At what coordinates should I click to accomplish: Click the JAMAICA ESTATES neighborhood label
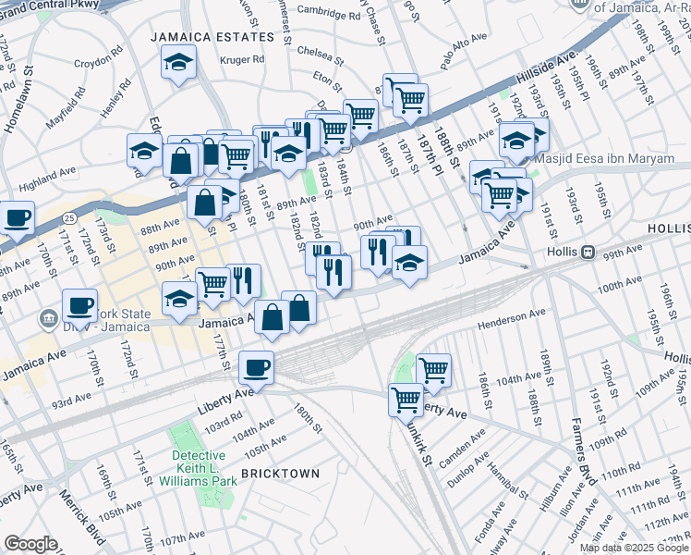coord(213,37)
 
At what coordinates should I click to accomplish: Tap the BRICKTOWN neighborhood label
coord(280,474)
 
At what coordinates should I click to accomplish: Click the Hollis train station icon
coord(586,251)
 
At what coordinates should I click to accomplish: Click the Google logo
coord(30,544)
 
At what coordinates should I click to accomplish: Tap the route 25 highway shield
coord(69,217)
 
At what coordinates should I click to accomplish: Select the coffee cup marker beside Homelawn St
coord(17,218)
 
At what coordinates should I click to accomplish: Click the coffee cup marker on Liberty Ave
coord(256,367)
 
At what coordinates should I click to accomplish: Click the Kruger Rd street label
coord(242,60)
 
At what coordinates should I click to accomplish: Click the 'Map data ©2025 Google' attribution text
coord(635,548)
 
